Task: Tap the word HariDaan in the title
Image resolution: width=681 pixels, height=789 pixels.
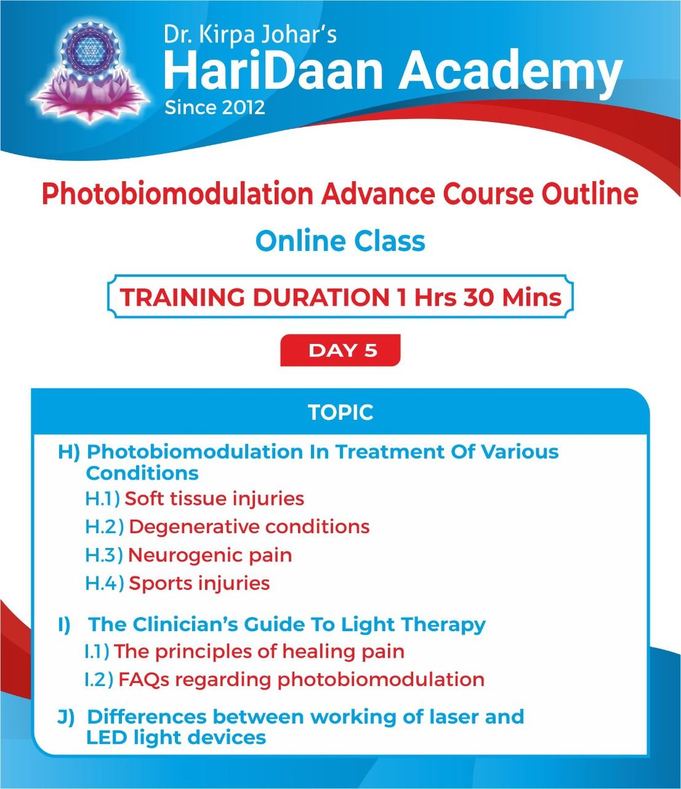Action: point(273,71)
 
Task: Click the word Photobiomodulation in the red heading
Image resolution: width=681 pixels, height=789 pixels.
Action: point(177,194)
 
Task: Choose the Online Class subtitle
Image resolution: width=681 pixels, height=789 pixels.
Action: point(340,241)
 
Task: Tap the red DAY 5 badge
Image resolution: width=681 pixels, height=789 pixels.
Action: point(340,350)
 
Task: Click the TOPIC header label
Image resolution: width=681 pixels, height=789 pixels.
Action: point(340,412)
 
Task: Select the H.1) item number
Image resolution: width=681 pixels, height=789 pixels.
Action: point(102,499)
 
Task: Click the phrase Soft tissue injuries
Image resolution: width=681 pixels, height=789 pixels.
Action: point(214,499)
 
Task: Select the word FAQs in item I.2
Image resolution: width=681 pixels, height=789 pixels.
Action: point(143,680)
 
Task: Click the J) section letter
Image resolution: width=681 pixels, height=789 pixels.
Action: point(66,716)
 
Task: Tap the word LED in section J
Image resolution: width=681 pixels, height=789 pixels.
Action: point(106,737)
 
